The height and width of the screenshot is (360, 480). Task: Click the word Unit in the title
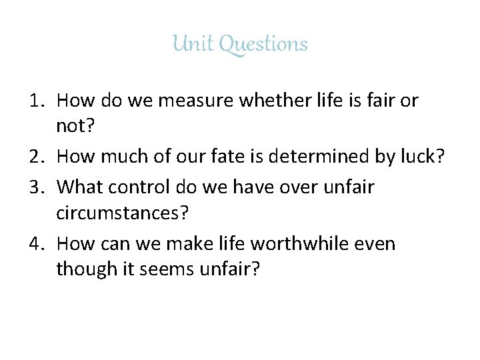(x=191, y=44)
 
